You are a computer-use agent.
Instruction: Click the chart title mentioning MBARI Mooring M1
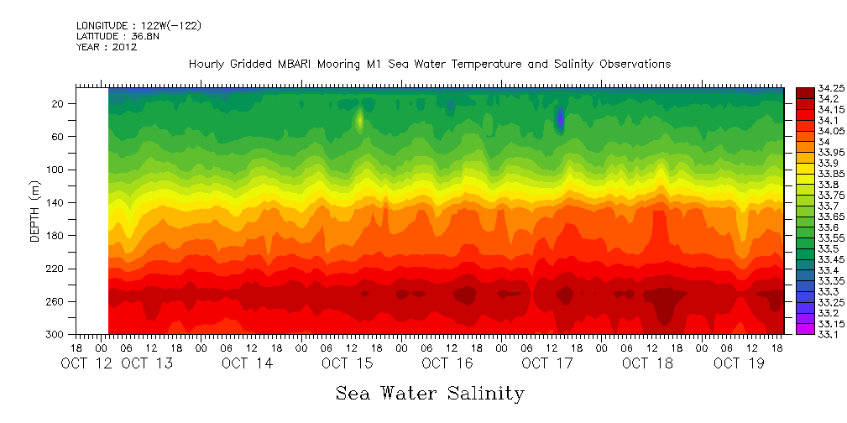(430, 64)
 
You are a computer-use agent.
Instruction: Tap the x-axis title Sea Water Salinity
(430, 393)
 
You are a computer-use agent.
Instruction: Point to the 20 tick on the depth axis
(59, 103)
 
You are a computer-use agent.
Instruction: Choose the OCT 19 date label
(739, 363)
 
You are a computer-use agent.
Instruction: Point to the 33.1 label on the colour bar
(807, 335)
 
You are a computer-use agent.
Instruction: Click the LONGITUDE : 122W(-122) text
(139, 26)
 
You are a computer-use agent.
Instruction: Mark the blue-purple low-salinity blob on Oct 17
(560, 119)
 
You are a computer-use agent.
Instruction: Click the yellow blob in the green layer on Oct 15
(359, 119)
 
